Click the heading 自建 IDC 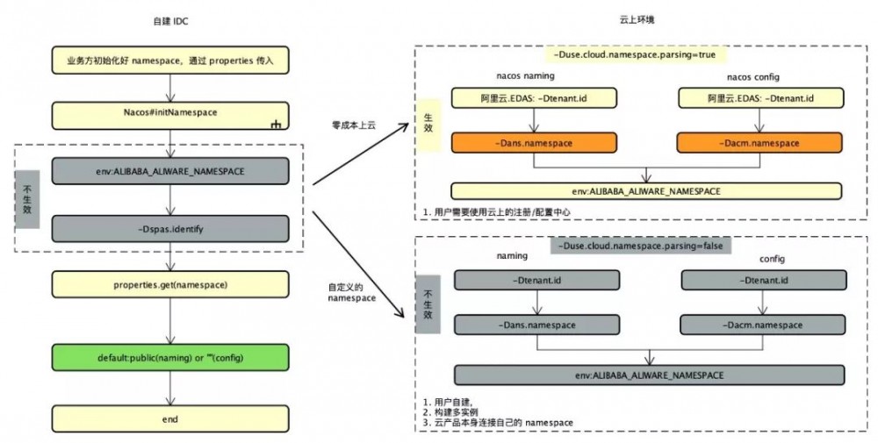click(x=169, y=19)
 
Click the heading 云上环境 click(x=637, y=19)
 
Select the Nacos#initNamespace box click(x=169, y=114)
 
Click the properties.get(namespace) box click(x=169, y=284)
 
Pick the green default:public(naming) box click(x=169, y=359)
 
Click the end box click(x=169, y=418)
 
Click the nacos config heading click(x=754, y=76)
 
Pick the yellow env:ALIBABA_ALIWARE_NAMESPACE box click(x=646, y=190)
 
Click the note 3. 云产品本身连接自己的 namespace click(x=499, y=423)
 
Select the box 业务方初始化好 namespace click(x=169, y=62)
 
